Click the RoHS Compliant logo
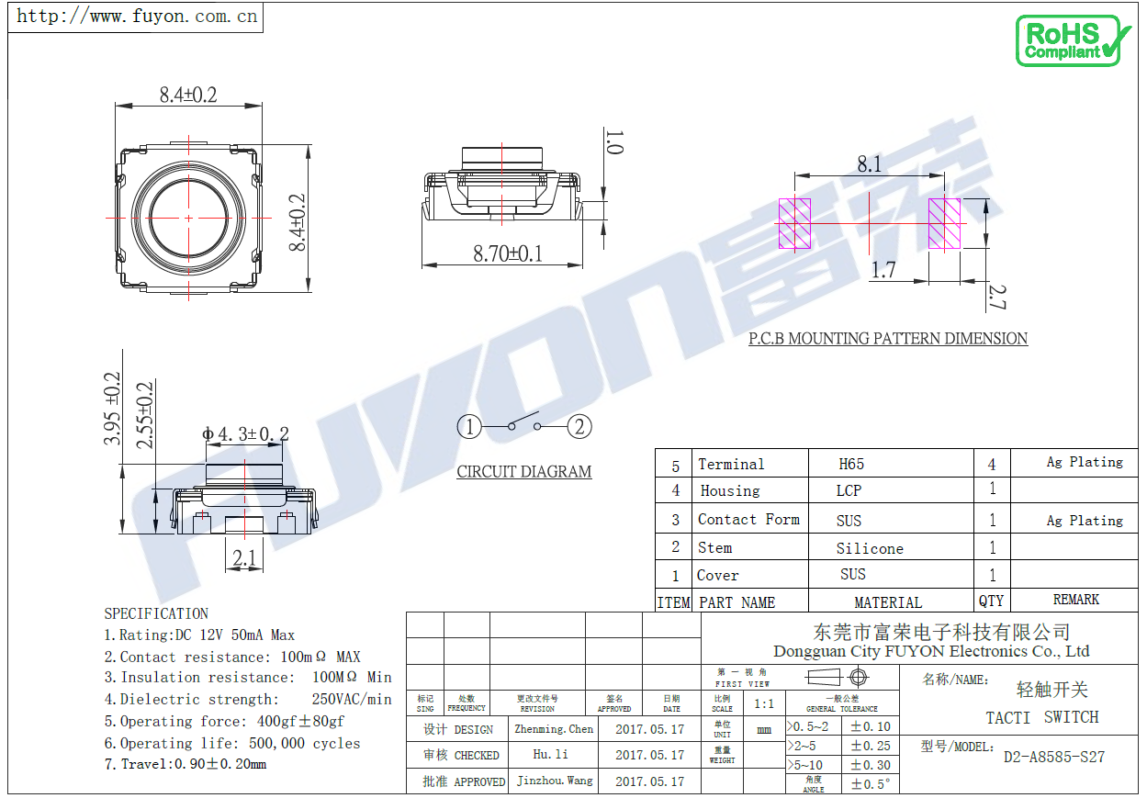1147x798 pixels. click(1073, 40)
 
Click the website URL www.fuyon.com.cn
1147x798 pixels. click(138, 17)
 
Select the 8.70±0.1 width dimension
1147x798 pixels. click(507, 253)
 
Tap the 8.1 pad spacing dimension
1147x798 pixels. click(869, 163)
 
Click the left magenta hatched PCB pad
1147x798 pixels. click(794, 224)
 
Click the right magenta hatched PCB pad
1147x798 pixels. click(944, 224)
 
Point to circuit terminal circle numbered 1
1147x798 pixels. click(469, 427)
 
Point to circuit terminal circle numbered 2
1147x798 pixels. click(579, 427)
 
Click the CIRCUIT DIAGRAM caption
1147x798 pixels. click(524, 472)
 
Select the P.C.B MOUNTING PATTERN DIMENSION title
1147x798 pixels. click(887, 339)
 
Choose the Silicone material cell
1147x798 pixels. click(869, 548)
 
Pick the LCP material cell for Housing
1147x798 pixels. click(849, 490)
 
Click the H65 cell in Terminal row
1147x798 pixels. click(851, 464)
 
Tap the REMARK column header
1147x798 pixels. click(1075, 600)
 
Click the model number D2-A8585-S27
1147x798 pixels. click(1053, 758)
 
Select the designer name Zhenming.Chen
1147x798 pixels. click(554, 729)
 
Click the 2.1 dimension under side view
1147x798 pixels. click(243, 557)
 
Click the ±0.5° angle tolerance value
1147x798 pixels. click(869, 784)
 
